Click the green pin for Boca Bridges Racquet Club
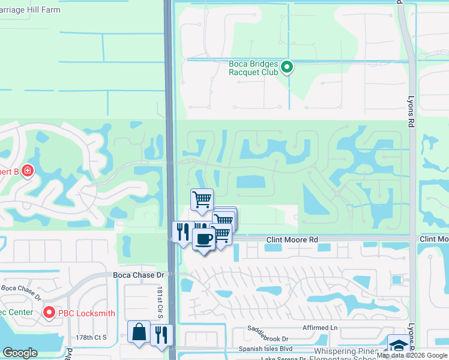[287, 67]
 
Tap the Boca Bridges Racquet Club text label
[255, 67]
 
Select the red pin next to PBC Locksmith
[49, 312]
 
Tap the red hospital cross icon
[27, 172]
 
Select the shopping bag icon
[139, 331]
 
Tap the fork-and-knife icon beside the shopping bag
[161, 334]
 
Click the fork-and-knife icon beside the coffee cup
[182, 232]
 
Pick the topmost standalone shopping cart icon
[202, 199]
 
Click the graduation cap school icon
[398, 345]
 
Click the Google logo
[20, 353]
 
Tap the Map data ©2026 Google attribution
[412, 356]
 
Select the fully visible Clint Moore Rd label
[292, 239]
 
